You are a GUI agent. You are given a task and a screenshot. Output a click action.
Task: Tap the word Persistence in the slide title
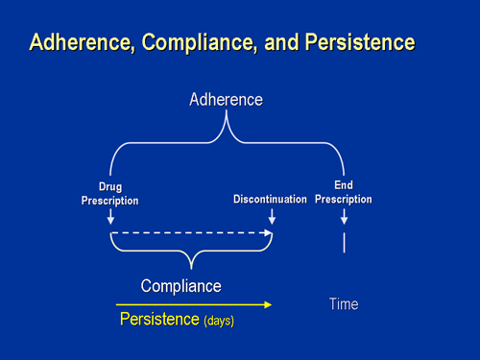click(360, 43)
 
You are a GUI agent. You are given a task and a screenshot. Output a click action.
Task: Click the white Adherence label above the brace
click(226, 100)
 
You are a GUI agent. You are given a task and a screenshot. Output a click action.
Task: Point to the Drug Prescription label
click(110, 194)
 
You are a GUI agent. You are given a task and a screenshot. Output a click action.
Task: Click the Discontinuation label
click(270, 200)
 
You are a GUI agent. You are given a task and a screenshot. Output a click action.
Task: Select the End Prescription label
click(343, 192)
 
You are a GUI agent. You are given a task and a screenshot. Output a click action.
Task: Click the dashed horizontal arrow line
click(192, 233)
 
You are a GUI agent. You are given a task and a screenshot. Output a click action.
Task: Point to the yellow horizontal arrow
click(192, 305)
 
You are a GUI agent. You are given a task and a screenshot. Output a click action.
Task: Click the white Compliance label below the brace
click(180, 286)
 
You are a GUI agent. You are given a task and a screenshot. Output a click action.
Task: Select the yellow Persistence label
click(158, 319)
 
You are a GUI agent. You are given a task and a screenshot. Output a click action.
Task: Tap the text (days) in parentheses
click(218, 321)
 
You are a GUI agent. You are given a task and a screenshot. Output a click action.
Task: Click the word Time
click(344, 304)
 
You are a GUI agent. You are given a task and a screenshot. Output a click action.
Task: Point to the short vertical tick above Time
click(344, 242)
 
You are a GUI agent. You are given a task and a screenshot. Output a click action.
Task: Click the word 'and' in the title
click(276, 43)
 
